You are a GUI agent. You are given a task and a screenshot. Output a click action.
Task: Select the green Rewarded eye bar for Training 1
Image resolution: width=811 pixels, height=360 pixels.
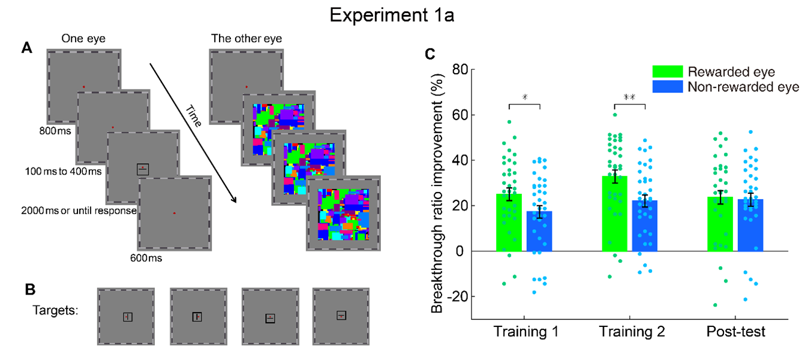coord(509,223)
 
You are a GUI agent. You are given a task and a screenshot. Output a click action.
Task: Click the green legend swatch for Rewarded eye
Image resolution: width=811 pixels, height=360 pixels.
coord(668,71)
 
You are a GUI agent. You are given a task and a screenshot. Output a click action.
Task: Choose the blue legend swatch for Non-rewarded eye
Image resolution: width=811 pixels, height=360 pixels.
coord(668,86)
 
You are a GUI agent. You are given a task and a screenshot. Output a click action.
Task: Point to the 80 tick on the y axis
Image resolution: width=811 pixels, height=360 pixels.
coord(460,70)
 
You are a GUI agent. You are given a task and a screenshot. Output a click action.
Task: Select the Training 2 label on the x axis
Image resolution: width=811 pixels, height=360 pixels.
coord(630,332)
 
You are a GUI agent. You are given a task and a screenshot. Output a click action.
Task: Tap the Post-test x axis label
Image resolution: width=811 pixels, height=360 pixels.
coord(735,332)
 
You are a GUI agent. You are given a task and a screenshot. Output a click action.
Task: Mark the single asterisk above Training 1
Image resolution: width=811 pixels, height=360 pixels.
coord(524,97)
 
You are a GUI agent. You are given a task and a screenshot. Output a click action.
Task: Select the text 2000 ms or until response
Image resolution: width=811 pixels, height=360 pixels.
coord(79,211)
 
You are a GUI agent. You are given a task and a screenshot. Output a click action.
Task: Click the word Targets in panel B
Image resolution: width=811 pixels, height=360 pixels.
coord(55,311)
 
